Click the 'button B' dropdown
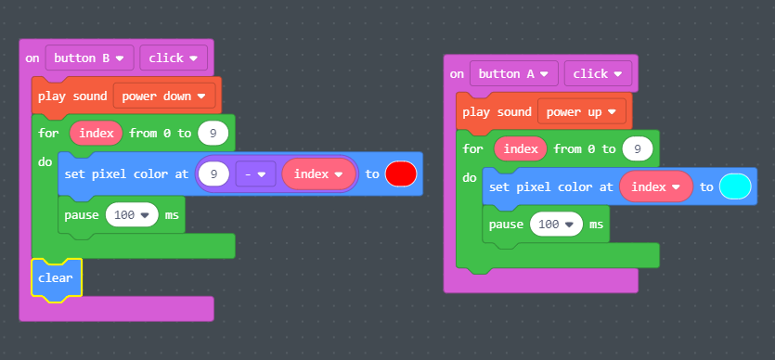tap(90, 58)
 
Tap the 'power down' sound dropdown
tap(164, 96)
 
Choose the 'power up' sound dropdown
tap(582, 111)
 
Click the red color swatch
tap(401, 174)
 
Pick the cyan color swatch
tap(734, 186)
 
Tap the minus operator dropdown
tap(254, 174)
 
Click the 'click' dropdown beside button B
tap(173, 58)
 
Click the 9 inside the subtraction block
tap(214, 174)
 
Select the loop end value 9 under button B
tap(213, 134)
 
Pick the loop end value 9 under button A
tap(637, 148)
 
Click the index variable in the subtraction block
tap(319, 174)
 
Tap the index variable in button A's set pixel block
tap(655, 186)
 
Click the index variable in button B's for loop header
tap(97, 134)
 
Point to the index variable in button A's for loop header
tap(521, 148)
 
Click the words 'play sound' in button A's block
tap(495, 112)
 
